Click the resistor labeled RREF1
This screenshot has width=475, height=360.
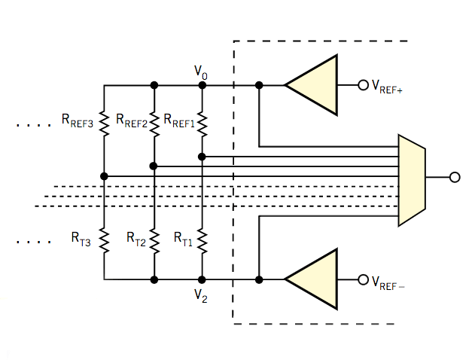pyautogui.click(x=202, y=121)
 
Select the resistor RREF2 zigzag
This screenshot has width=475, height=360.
pyautogui.click(x=154, y=121)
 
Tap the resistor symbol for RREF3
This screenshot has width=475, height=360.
pyautogui.click(x=104, y=121)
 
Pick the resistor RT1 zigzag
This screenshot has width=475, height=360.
pyautogui.click(x=202, y=240)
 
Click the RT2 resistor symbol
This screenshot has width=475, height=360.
pyautogui.click(x=154, y=240)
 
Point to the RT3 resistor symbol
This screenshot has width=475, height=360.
pyautogui.click(x=104, y=240)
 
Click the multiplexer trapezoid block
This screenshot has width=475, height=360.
pyautogui.click(x=411, y=179)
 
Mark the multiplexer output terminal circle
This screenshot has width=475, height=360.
pyautogui.click(x=454, y=178)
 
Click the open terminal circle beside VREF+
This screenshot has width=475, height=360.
pyautogui.click(x=363, y=85)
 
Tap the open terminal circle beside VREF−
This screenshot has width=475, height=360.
pyautogui.click(x=363, y=279)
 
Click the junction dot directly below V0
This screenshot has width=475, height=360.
pyautogui.click(x=202, y=85)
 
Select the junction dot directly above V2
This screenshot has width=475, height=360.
pyautogui.click(x=202, y=279)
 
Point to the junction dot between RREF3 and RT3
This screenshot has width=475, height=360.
pyautogui.click(x=104, y=176)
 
